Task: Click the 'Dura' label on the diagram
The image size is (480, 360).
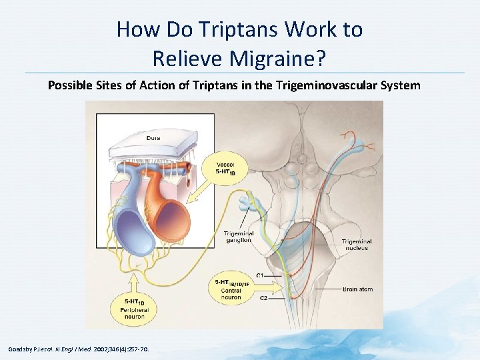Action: coord(153,139)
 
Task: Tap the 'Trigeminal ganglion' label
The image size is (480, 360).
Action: coord(238,237)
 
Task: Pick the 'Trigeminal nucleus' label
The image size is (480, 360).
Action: coord(356,245)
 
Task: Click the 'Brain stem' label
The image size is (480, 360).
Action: coord(358,289)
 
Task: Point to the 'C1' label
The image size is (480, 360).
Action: coord(260,275)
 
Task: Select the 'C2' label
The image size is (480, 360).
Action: coord(263,297)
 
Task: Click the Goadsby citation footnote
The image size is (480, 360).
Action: coord(79,349)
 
